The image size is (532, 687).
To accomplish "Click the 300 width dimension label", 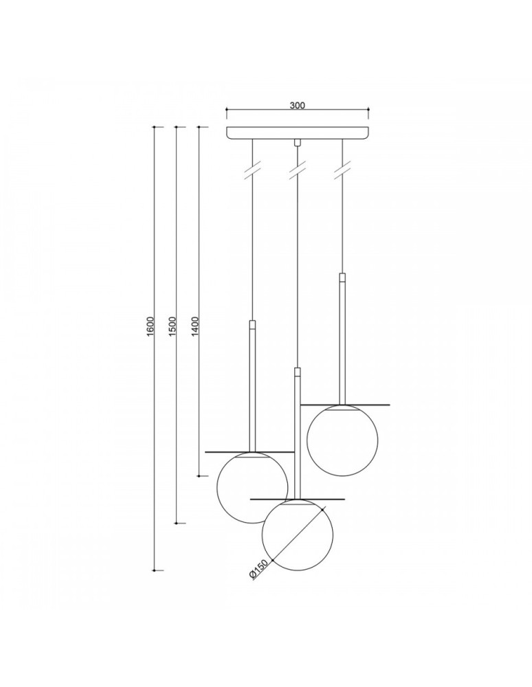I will click(x=297, y=106).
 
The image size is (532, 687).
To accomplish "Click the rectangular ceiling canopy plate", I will click(x=297, y=133).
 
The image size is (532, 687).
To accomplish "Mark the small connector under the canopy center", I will click(x=298, y=144).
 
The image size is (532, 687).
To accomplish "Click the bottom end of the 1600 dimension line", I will click(x=154, y=570).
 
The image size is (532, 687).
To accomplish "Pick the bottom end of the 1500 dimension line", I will click(x=177, y=523).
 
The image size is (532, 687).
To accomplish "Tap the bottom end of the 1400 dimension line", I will click(x=199, y=475).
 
